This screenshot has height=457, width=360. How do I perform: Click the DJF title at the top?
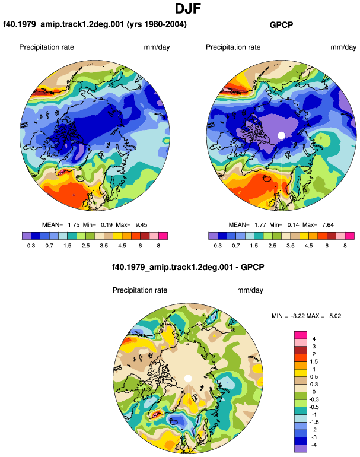(x=188, y=8)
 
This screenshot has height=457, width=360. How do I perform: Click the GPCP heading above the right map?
(x=281, y=25)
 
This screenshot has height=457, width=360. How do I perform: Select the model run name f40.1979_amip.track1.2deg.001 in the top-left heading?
(x=63, y=24)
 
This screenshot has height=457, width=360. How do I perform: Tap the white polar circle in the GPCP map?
(x=281, y=135)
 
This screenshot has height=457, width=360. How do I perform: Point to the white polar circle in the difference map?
(x=188, y=378)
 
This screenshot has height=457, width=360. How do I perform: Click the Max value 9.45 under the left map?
(x=141, y=225)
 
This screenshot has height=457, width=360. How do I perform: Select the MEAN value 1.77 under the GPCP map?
(x=260, y=225)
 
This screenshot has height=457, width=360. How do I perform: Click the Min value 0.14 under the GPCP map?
(x=294, y=225)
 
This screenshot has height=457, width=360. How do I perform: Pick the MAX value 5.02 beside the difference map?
(x=335, y=316)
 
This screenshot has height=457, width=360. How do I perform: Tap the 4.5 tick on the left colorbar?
(x=122, y=246)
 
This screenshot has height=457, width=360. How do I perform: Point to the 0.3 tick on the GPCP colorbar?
(x=218, y=246)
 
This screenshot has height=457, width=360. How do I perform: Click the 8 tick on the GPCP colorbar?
(x=345, y=246)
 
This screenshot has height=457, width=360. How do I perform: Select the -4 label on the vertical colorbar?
(x=314, y=445)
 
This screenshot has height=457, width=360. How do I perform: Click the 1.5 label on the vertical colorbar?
(x=314, y=361)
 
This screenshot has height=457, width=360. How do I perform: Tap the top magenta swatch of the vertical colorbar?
(x=301, y=335)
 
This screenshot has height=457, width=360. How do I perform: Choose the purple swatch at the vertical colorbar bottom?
(x=301, y=449)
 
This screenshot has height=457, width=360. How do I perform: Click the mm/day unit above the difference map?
(x=250, y=290)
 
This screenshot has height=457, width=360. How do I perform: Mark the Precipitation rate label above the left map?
(x=47, y=47)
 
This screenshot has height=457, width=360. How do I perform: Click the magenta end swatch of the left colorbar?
(x=163, y=236)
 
